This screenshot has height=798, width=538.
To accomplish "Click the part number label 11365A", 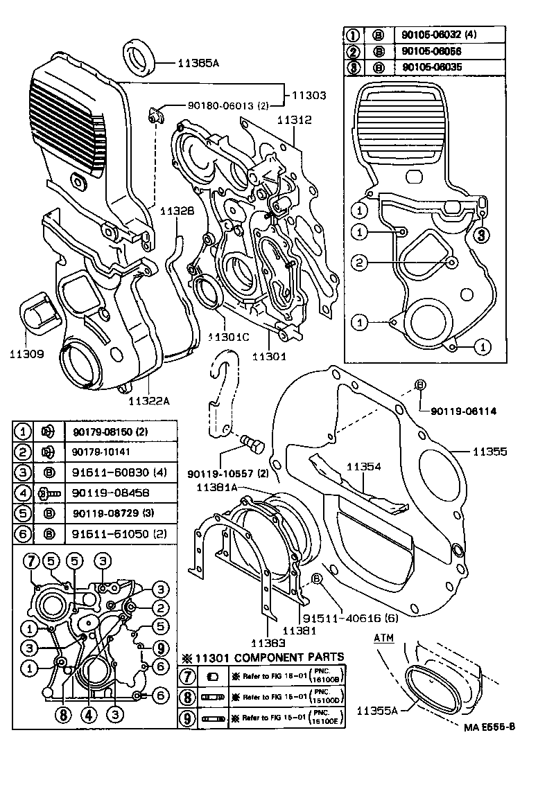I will click(x=198, y=63).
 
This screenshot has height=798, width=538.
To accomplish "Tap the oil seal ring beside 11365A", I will click(x=141, y=56).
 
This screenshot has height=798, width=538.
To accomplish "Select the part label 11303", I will click(x=308, y=96).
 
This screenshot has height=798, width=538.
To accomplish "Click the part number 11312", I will click(x=294, y=119).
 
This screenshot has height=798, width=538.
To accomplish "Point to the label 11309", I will click(x=27, y=354).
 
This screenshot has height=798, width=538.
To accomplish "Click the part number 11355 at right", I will click(x=490, y=452).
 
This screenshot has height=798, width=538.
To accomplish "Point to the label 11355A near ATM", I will click(x=380, y=710).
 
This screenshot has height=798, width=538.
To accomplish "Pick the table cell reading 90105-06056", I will click(x=431, y=51).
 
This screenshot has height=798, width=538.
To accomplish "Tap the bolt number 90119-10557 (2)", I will click(x=227, y=474).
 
